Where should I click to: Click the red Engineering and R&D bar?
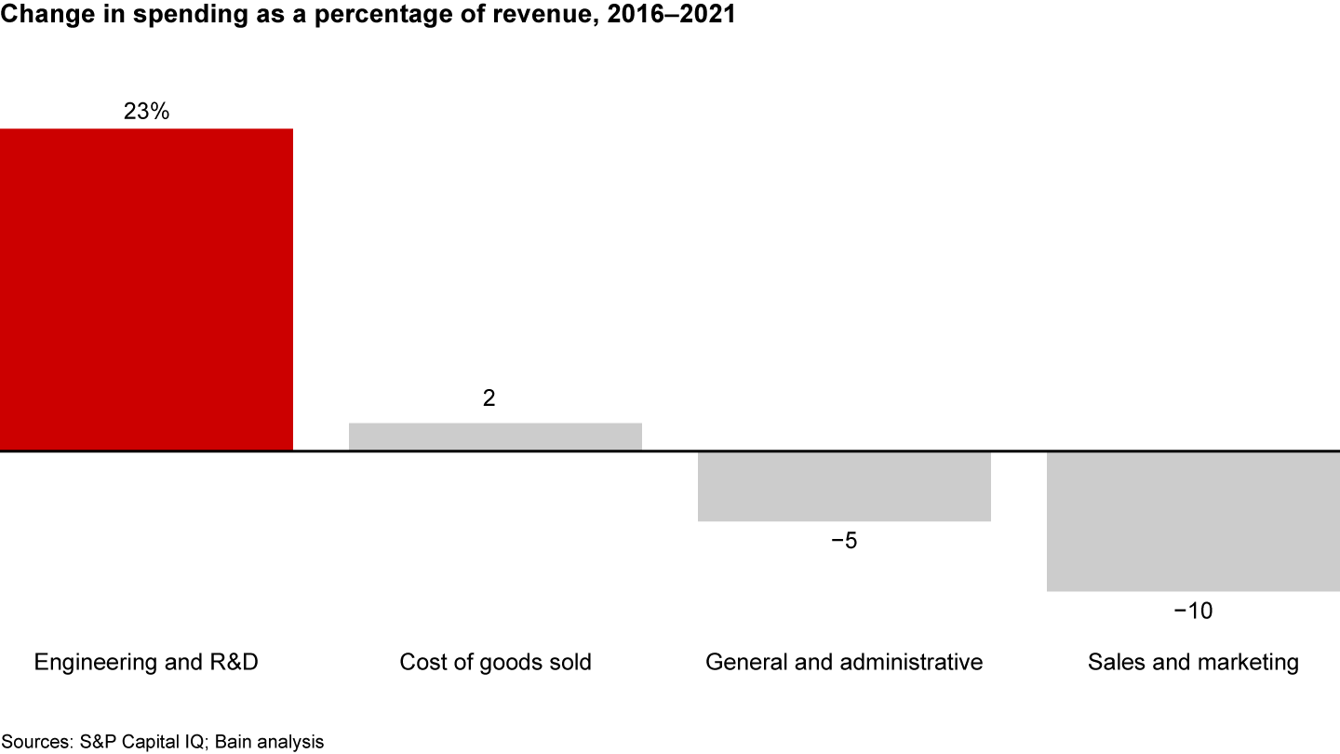[x=146, y=289]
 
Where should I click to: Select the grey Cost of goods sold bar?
[x=495, y=438]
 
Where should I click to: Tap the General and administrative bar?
[x=844, y=487]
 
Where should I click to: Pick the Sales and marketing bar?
[x=1193, y=521]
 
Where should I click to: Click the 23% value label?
[x=146, y=112]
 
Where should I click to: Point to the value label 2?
[x=489, y=398]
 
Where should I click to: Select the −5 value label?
[x=844, y=541]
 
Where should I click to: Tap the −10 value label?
[x=1193, y=612]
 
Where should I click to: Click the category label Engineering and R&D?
[x=146, y=663]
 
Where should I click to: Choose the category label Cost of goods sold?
[x=495, y=663]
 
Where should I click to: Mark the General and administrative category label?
[x=844, y=663]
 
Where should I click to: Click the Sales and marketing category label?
[x=1193, y=663]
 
